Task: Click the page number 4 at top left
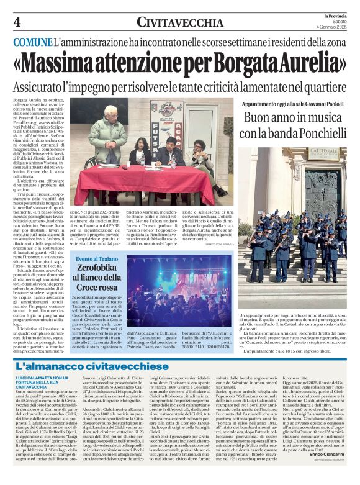click(x=17, y=23)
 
